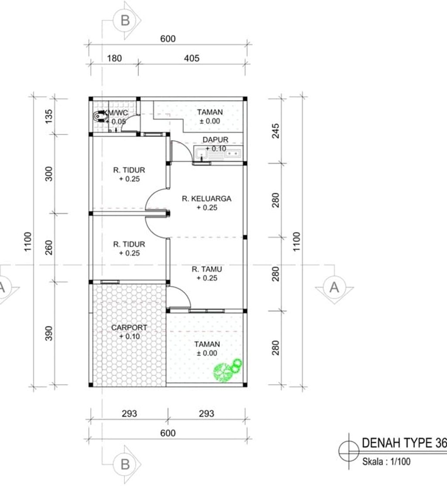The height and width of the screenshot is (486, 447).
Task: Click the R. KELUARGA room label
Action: coord(206,199)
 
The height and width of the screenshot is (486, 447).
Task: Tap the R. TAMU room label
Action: coord(206,269)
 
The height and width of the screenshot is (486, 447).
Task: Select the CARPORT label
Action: coord(129,328)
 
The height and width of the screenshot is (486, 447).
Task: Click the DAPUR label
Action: coord(215,140)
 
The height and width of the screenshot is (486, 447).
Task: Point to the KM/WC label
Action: coord(115,113)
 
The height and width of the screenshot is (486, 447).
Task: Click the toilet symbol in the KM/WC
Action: coord(99,116)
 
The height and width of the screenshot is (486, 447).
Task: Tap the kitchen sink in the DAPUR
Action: coord(218,153)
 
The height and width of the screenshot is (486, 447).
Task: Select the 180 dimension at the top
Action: coord(114,58)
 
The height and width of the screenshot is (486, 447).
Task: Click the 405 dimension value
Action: coord(192,58)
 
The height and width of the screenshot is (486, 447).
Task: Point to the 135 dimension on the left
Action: coord(49,116)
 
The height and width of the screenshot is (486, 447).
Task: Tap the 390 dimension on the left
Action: coord(49,333)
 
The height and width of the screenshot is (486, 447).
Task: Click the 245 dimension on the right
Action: coord(275,131)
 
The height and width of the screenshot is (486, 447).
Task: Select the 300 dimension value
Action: coord(49,174)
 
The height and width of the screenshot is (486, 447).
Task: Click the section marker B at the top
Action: coord(125,21)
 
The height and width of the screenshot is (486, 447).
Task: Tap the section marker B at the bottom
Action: coord(125,464)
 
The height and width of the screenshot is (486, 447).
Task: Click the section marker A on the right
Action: coord(334,287)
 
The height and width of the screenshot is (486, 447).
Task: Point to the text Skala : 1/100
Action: coord(386,462)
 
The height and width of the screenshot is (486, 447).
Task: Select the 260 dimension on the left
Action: coord(49,248)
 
